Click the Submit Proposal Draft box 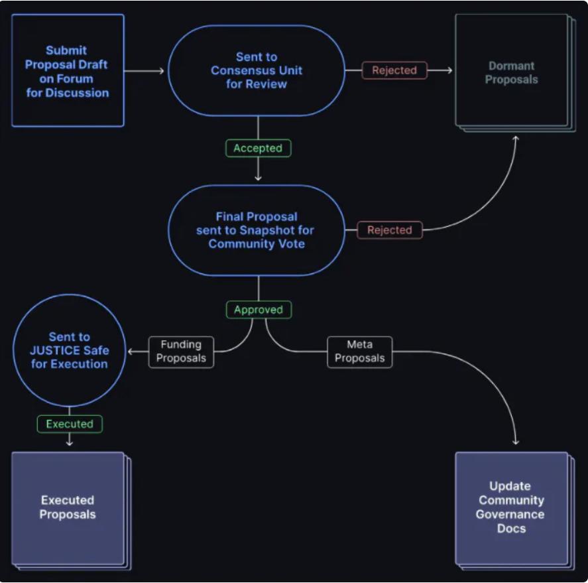coord(68,70)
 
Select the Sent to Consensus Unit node coord(257,70)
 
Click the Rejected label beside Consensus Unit coord(394,70)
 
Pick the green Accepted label coord(258,149)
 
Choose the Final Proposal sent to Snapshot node coord(257,229)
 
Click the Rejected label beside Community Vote coord(390,230)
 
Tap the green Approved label coord(259,310)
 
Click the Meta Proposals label coord(359,352)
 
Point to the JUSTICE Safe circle coord(68,351)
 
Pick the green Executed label coord(70,424)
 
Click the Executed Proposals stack coord(68,508)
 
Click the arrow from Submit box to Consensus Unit coord(145,70)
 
